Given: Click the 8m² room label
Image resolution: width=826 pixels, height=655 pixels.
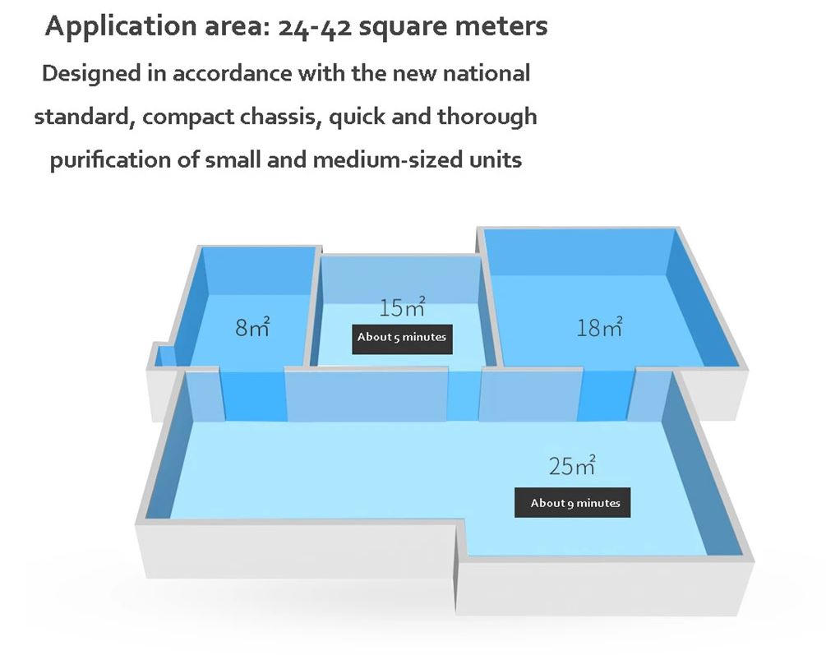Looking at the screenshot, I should (x=252, y=326).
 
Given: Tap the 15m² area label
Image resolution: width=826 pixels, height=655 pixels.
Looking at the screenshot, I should (x=403, y=307).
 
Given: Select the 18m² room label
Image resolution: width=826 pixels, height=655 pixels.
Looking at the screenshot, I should (x=599, y=327).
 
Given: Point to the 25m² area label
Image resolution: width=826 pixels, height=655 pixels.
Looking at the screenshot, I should (x=572, y=466).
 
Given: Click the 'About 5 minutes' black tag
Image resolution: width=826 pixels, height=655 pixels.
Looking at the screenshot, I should (x=402, y=337).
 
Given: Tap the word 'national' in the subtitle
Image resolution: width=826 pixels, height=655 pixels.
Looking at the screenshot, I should (x=486, y=73).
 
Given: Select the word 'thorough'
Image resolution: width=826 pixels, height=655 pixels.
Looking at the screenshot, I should (x=487, y=117).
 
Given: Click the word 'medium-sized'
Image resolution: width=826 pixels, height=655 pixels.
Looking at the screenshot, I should (x=377, y=159).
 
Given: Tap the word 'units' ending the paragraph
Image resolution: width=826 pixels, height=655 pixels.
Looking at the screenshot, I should (x=496, y=159).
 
